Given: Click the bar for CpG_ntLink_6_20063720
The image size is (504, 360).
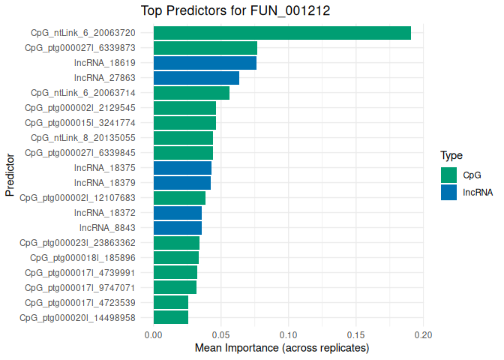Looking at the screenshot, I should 282,33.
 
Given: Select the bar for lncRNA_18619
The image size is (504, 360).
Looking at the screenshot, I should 205,63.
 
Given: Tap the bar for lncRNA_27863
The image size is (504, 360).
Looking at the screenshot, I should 196,78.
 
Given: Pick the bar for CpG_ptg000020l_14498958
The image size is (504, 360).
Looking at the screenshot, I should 171,318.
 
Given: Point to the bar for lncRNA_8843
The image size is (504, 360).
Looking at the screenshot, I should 178,228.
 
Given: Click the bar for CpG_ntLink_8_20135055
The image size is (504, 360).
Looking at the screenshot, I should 183,138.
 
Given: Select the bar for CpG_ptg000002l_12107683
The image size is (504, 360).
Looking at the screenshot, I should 179,198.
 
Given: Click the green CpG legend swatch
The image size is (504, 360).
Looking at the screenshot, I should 448,175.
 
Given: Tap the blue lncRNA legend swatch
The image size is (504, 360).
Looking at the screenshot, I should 448,192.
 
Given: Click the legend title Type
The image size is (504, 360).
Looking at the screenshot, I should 451,156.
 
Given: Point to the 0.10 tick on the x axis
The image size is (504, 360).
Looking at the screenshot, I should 289,334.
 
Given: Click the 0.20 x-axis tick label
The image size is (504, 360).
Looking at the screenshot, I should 424,334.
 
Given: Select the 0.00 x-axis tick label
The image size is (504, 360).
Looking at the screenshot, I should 154,334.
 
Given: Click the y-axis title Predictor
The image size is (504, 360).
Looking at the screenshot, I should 10,175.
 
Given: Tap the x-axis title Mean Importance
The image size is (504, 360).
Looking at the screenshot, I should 282,349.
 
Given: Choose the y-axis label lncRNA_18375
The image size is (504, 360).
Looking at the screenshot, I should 105,168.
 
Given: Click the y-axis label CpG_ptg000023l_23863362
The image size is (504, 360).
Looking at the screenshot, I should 77,243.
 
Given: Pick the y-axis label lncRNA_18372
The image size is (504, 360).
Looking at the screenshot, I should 105,213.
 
